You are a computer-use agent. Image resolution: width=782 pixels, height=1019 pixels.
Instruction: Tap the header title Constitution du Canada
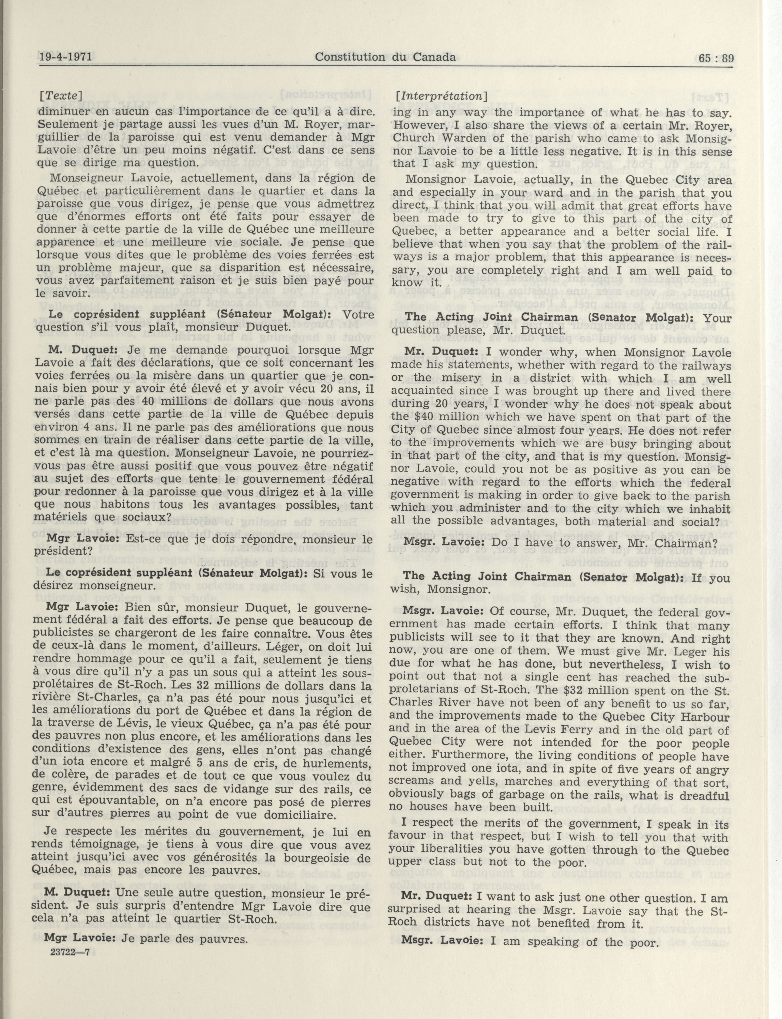click(x=385, y=57)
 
